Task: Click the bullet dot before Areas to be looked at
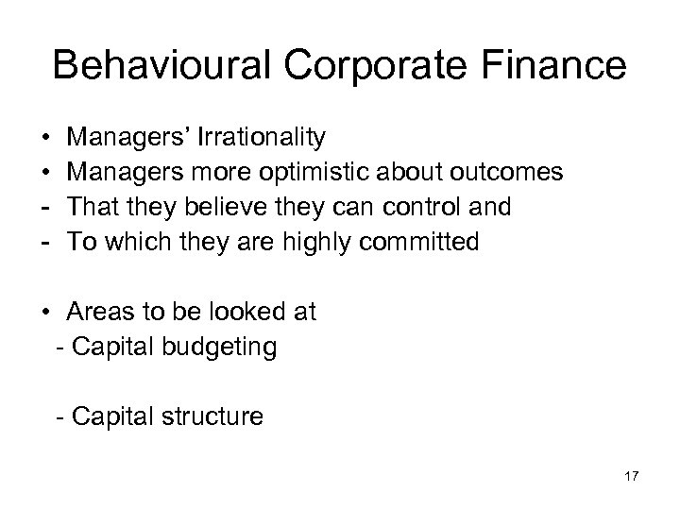tap(47, 313)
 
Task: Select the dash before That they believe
tap(47, 208)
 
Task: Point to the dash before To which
tap(47, 243)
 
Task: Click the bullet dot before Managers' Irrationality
tap(47, 139)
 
